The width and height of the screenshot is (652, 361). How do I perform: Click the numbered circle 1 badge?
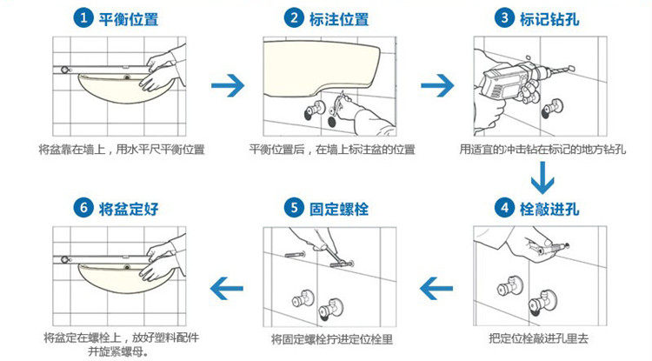pos(83,18)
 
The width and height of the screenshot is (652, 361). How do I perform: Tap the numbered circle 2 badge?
pos(294,18)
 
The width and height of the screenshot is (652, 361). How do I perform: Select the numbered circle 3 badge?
pos(504,18)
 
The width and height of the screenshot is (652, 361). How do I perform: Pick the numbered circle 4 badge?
pos(504,208)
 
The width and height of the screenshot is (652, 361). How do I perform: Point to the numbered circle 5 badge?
pos(294,208)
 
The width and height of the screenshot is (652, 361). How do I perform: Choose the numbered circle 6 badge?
pos(83,208)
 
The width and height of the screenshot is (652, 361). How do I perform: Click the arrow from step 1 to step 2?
pos(228,85)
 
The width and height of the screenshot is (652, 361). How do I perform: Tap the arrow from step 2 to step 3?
pos(437,85)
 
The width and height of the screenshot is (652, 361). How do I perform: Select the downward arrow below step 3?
pos(542,178)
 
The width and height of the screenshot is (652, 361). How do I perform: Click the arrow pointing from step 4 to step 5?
pos(436,288)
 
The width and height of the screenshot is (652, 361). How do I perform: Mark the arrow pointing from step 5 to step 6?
pos(227,288)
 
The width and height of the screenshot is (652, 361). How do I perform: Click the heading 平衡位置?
pos(129,19)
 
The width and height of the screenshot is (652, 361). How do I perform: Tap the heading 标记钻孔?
pos(549,19)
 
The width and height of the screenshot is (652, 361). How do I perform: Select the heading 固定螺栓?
pos(339,209)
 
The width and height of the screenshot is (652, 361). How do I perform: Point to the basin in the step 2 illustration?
pos(320,66)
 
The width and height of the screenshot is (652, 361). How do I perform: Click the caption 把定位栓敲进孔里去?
pos(538,339)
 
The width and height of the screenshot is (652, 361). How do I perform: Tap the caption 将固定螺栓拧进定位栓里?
pos(332,339)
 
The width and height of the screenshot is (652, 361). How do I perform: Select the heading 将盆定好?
pos(129,209)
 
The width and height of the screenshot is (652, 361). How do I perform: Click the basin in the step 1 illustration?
pos(124,89)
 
